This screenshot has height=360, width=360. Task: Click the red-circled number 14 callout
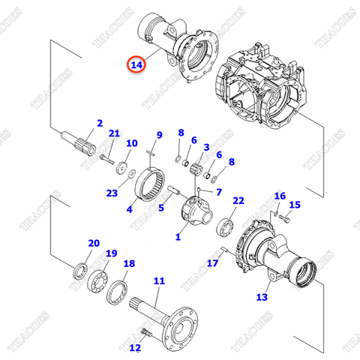(x=136, y=65)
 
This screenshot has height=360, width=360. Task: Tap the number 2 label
(x=99, y=123)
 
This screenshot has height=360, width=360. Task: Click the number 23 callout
(x=112, y=193)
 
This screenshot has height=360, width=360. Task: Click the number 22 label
(x=238, y=201)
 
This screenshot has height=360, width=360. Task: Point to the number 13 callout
(x=261, y=297)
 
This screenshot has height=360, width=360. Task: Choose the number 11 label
(x=158, y=281)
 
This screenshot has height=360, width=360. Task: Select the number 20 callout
(x=94, y=243)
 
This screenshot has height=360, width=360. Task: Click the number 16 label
(x=280, y=196)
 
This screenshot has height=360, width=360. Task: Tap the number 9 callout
(x=158, y=135)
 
